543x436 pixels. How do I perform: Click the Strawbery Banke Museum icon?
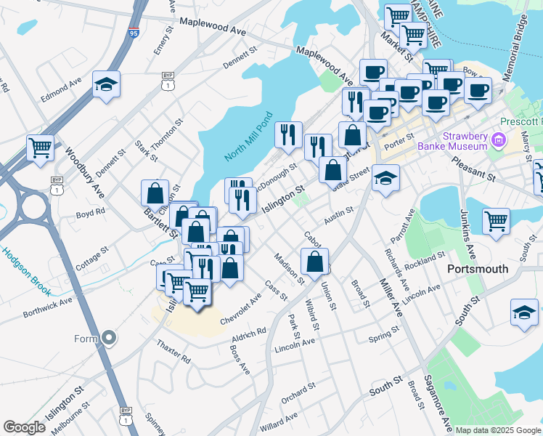click(499, 139)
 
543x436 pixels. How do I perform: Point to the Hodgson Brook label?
click(26, 272)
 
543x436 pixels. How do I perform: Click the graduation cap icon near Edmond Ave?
click(106, 86)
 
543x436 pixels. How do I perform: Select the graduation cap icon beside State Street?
click(385, 178)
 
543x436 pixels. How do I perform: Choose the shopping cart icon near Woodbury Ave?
click(41, 148)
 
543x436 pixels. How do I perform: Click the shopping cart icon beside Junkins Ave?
click(497, 219)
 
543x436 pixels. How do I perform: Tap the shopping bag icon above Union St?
click(314, 262)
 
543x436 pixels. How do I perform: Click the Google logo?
click(24, 427)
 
